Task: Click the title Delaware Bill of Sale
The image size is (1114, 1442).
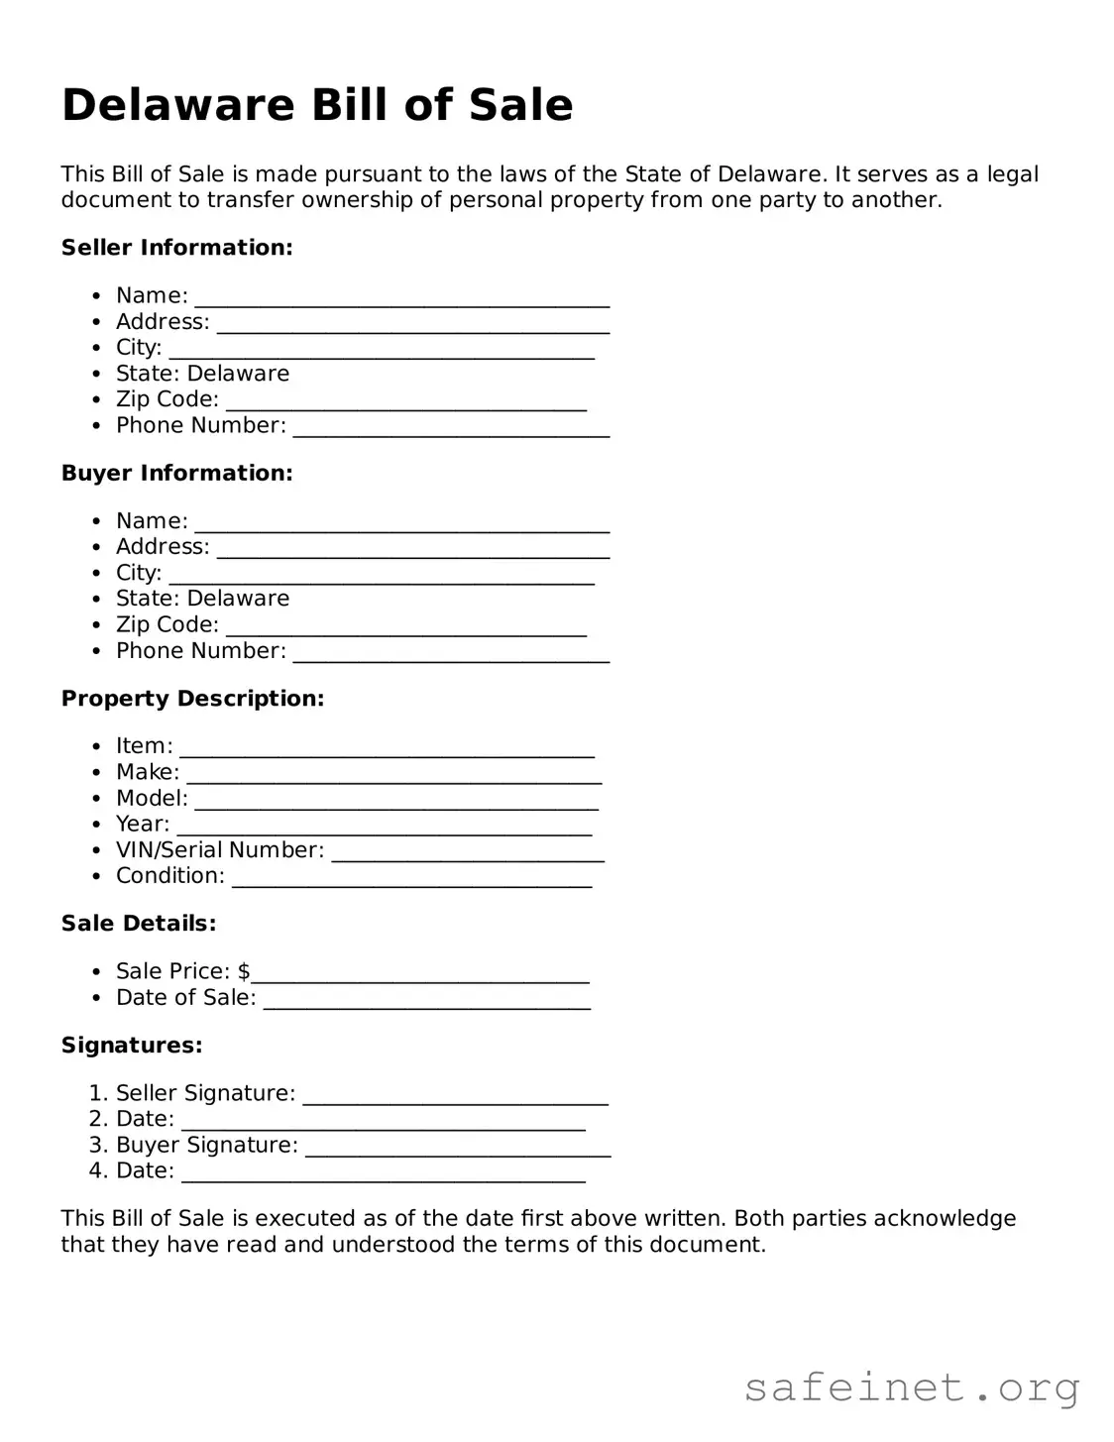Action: coord(317,105)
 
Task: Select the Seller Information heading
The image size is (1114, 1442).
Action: coord(176,248)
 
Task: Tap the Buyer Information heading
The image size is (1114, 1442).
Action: coord(176,473)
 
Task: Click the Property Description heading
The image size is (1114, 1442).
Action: coord(192,699)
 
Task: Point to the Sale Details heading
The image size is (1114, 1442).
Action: coord(139,924)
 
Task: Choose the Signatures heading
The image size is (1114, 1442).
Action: coord(132,1046)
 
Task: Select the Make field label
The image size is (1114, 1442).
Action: coord(148,772)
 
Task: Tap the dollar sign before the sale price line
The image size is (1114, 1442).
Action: coord(244,971)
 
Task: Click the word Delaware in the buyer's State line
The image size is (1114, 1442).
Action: coord(238,599)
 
